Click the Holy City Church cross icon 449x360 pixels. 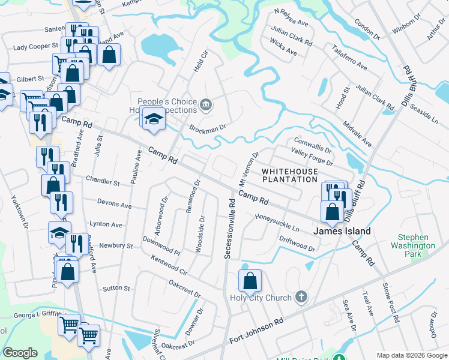(x=301, y=298)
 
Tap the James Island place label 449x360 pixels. (x=342, y=231)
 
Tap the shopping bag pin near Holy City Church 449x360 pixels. (x=250, y=281)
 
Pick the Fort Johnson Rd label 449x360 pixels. (x=256, y=331)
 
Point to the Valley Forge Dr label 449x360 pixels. (x=312, y=158)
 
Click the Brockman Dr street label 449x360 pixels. (x=207, y=128)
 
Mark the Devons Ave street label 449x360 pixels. (x=110, y=205)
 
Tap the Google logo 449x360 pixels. (x=20, y=353)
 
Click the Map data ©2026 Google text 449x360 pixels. (x=411, y=355)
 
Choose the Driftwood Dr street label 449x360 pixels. (x=297, y=243)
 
